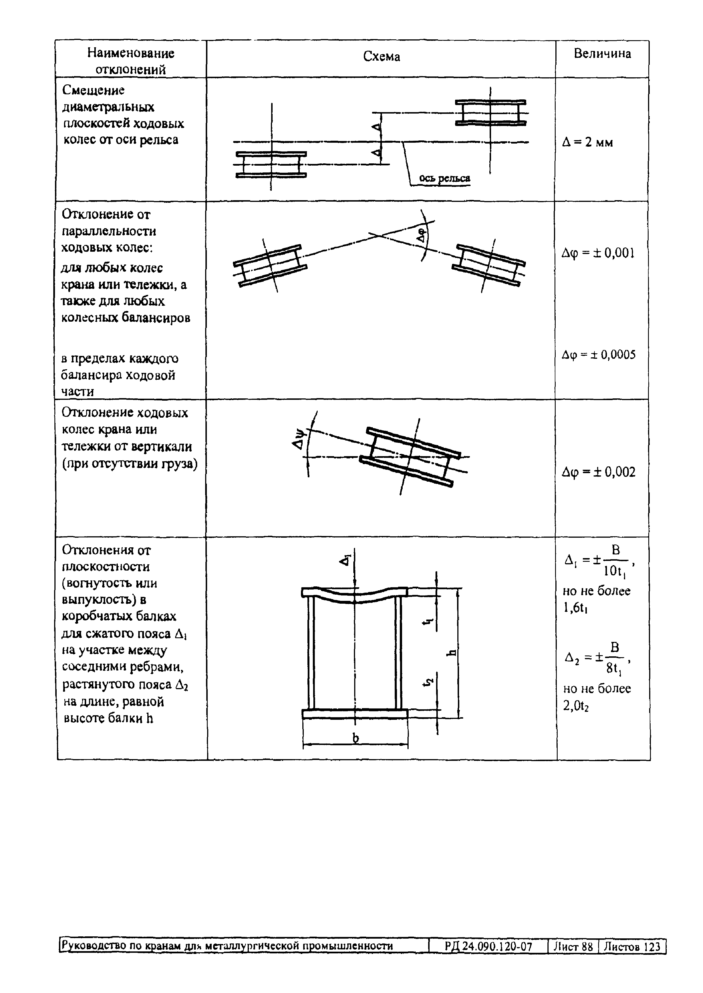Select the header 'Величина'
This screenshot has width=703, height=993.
[602, 54]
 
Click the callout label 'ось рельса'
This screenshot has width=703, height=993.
[445, 178]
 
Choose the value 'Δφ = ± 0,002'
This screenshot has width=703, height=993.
[598, 472]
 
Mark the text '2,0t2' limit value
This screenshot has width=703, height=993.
[576, 706]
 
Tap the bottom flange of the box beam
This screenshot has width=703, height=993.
[354, 714]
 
